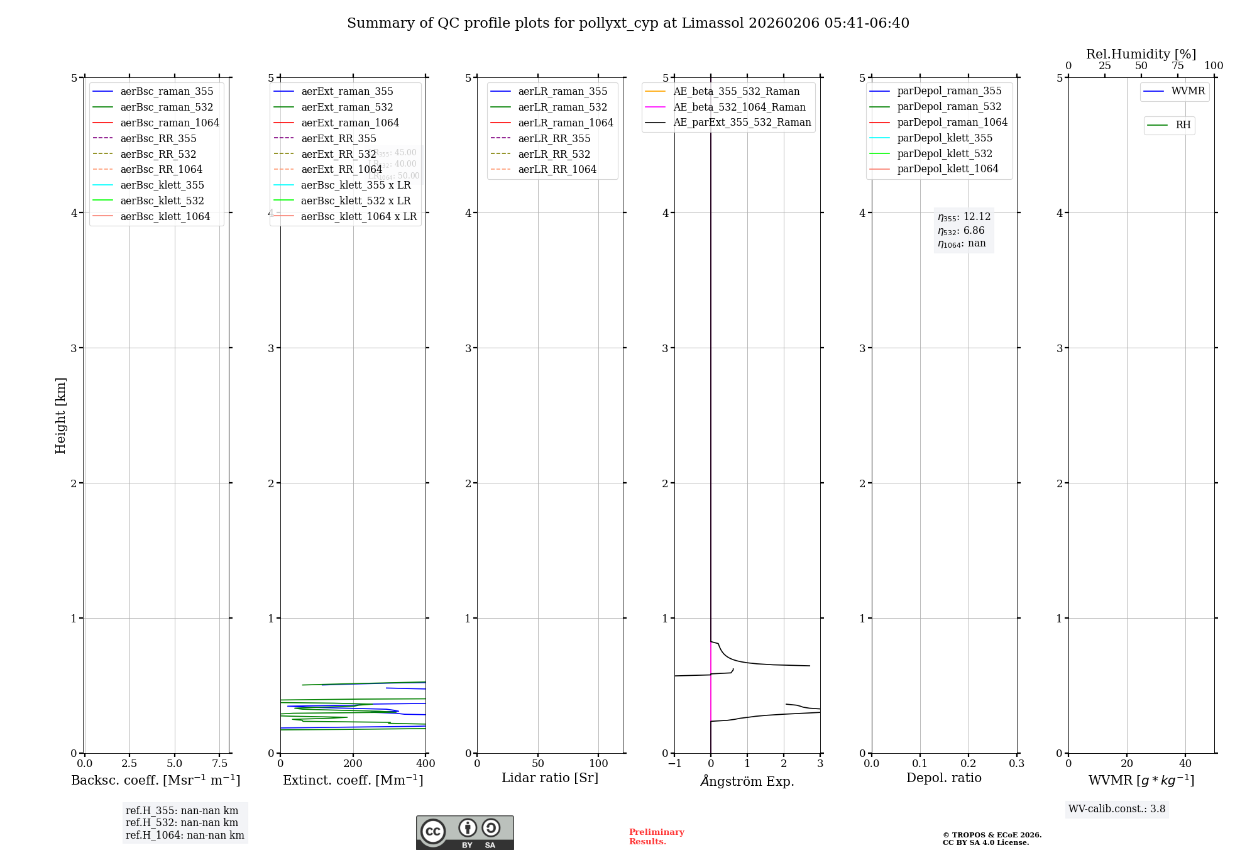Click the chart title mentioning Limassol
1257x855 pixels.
(x=628, y=23)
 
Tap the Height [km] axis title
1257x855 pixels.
(x=60, y=415)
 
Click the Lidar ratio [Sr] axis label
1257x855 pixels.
(x=549, y=778)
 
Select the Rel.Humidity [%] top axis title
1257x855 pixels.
(x=1141, y=54)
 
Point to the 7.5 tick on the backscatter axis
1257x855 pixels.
(x=219, y=763)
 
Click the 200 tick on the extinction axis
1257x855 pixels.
(x=353, y=763)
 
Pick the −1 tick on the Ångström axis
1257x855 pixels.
(x=674, y=763)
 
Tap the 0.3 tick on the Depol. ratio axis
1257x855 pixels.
(x=1016, y=763)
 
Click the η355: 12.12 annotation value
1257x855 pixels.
(x=964, y=217)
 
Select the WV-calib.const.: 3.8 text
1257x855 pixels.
(x=1116, y=809)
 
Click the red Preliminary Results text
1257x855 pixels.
(x=656, y=837)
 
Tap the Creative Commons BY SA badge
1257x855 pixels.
(x=464, y=832)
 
